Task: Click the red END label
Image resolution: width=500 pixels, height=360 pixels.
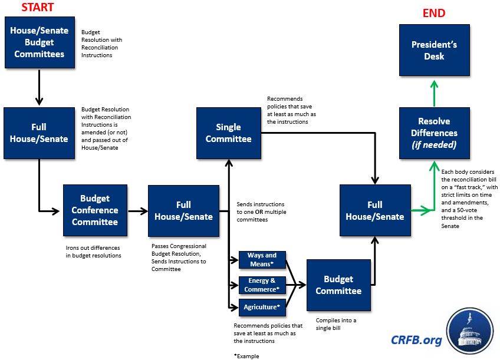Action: [x=433, y=13]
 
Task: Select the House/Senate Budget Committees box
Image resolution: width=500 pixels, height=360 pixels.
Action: [x=38, y=42]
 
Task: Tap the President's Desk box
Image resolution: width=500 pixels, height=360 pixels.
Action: [x=434, y=50]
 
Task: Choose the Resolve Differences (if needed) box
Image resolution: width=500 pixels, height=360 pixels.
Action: [x=434, y=133]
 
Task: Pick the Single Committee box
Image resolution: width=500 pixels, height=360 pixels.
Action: [x=228, y=133]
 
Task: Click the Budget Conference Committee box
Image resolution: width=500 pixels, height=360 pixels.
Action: [x=95, y=210]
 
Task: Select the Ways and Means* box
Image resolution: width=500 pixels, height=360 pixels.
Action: [x=262, y=259]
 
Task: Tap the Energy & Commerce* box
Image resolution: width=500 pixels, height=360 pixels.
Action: [x=262, y=285]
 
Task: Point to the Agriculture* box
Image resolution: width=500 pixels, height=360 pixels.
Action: [x=262, y=307]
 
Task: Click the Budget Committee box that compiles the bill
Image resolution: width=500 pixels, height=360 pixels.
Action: [x=338, y=285]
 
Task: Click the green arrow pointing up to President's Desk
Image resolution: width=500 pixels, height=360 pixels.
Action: [x=434, y=91]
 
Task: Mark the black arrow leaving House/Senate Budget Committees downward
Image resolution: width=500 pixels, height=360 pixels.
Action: [x=38, y=86]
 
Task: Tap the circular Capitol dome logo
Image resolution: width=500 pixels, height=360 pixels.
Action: [x=470, y=332]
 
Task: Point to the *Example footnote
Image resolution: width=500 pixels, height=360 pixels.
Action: [x=246, y=356]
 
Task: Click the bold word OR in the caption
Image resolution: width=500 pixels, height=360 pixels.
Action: [x=259, y=212]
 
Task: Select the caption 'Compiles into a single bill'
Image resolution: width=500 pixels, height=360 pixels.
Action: [x=335, y=323]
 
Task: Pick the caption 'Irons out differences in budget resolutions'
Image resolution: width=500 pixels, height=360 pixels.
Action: [x=93, y=252]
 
